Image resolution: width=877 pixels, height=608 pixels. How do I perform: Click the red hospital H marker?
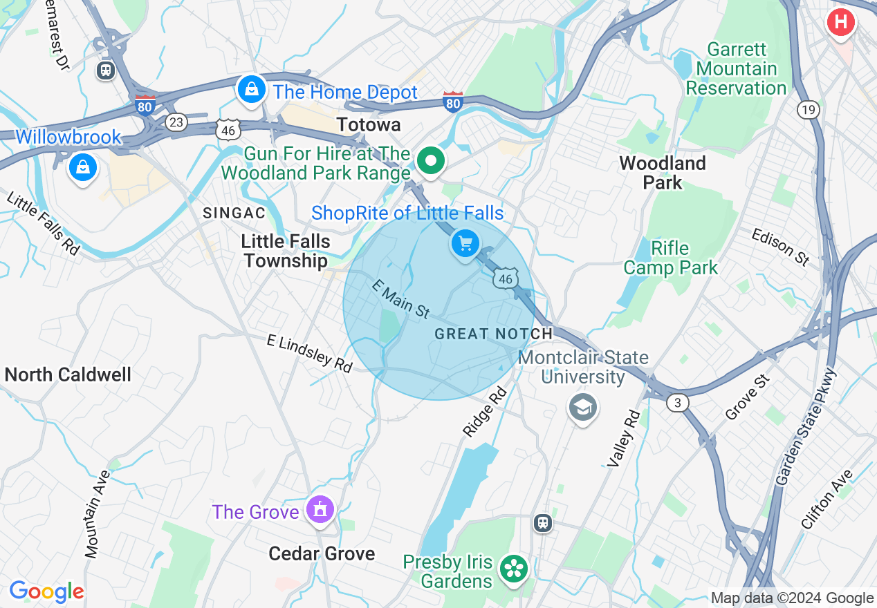pyautogui.click(x=840, y=22)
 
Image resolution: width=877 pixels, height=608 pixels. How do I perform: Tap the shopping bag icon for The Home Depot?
pyautogui.click(x=252, y=90)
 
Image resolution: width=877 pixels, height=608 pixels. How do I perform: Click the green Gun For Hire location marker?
pyautogui.click(x=431, y=161)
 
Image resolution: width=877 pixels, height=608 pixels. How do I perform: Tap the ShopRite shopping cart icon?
pyautogui.click(x=465, y=243)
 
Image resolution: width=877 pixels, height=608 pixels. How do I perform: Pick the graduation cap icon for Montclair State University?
pyautogui.click(x=582, y=408)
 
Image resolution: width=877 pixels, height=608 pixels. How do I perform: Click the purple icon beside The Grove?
pyautogui.click(x=320, y=511)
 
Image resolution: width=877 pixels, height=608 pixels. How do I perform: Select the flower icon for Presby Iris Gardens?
pyautogui.click(x=515, y=569)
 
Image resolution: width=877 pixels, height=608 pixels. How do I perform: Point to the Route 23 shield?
pyautogui.click(x=176, y=122)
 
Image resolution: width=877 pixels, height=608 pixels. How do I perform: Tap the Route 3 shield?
pyautogui.click(x=678, y=403)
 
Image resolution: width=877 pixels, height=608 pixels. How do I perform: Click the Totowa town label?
pyautogui.click(x=368, y=125)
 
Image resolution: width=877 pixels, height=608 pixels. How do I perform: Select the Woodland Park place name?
pyautogui.click(x=662, y=173)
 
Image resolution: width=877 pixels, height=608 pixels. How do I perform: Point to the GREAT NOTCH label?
pyautogui.click(x=493, y=334)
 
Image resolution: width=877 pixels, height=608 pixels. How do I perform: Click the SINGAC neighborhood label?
pyautogui.click(x=234, y=213)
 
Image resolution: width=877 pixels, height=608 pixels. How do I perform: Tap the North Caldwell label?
pyautogui.click(x=68, y=375)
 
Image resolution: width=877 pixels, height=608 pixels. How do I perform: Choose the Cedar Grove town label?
pyautogui.click(x=322, y=553)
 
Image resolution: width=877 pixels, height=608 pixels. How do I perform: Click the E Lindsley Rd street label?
pyautogui.click(x=310, y=353)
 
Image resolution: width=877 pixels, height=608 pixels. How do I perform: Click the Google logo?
pyautogui.click(x=46, y=591)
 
